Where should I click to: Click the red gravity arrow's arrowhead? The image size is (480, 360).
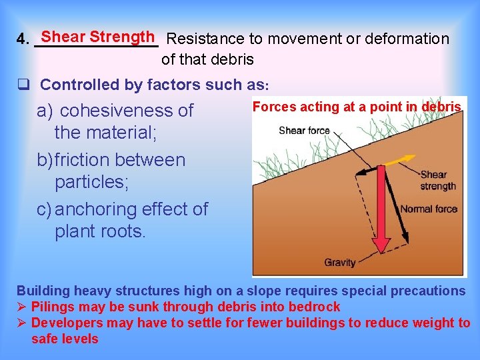[381, 244]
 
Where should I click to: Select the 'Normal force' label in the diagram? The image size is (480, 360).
[429, 209]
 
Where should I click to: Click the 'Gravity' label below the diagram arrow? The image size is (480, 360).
[340, 262]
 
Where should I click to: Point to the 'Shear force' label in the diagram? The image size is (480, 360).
[304, 130]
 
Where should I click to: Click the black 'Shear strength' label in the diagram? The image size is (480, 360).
[438, 181]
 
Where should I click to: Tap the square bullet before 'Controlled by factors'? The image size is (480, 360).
[23, 85]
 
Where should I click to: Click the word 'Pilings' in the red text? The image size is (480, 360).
[55, 307]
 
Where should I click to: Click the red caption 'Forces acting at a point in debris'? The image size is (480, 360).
[357, 107]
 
